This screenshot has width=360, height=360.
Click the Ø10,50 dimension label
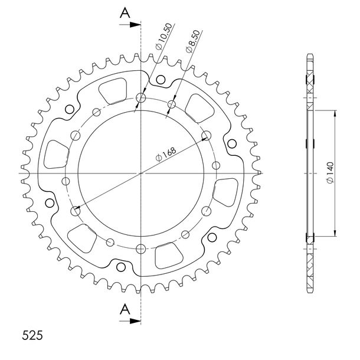point(163,36)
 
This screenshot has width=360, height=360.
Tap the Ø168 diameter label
point(166,154)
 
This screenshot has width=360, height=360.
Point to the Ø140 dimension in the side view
point(330,173)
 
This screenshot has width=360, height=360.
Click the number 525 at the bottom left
point(32,335)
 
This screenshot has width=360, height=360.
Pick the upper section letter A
point(125,13)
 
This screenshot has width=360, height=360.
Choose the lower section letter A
point(125,309)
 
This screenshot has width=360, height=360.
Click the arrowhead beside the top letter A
point(135,25)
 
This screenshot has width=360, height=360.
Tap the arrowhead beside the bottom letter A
point(135,320)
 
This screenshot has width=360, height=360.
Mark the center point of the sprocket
point(141,173)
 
